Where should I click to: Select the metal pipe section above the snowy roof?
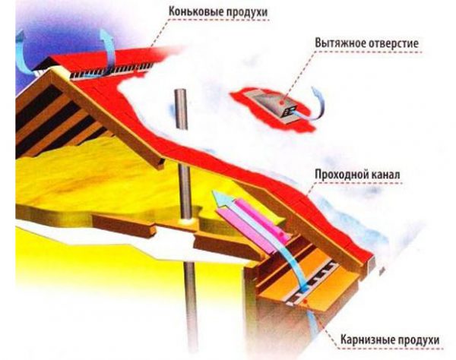(x=180, y=114)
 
